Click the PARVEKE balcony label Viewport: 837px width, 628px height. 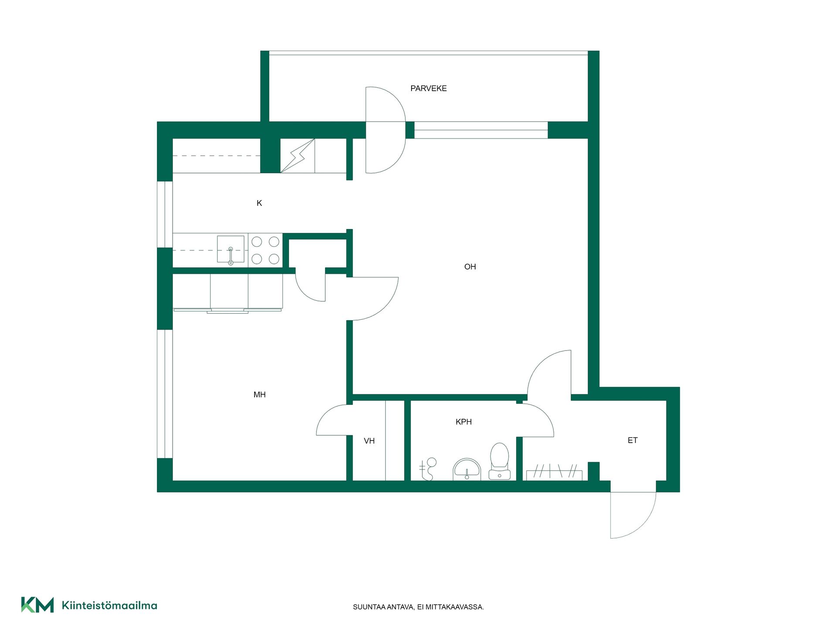pyautogui.click(x=429, y=89)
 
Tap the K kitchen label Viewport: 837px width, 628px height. pyautogui.click(x=259, y=203)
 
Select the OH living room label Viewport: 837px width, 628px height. pyautogui.click(x=470, y=267)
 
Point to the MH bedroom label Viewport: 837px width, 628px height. pyautogui.click(x=259, y=395)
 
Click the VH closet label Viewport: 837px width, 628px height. pyautogui.click(x=369, y=441)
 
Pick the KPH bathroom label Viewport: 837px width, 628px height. pyautogui.click(x=463, y=422)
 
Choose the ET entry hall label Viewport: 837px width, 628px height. pyautogui.click(x=633, y=440)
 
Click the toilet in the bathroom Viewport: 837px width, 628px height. pyautogui.click(x=500, y=461)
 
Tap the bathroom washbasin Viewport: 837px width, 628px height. pyautogui.click(x=467, y=469)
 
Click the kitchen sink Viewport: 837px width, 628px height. pyautogui.click(x=231, y=249)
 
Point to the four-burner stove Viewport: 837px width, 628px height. pyautogui.click(x=265, y=250)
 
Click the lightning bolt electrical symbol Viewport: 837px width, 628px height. pyautogui.click(x=297, y=156)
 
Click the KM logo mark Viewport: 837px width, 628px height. pyautogui.click(x=37, y=605)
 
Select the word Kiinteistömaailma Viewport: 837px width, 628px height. pyautogui.click(x=109, y=605)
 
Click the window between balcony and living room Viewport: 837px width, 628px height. pyautogui.click(x=481, y=130)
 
